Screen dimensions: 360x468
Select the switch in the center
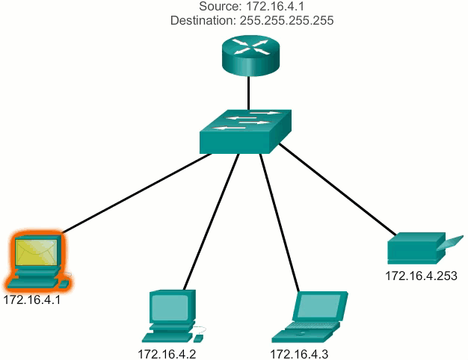tap(246, 131)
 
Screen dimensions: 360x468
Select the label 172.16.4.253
tap(419, 276)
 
